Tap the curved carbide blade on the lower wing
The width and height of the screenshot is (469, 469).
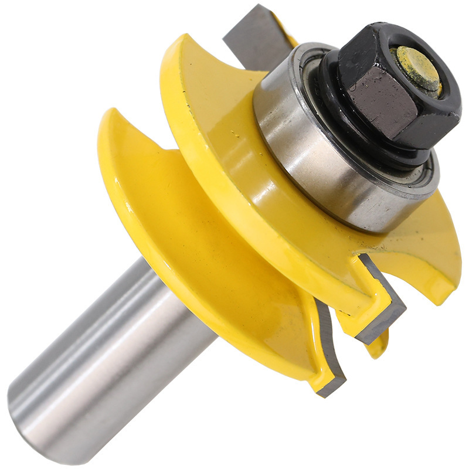(328, 352)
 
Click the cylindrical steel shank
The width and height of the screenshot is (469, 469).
(117, 352)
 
